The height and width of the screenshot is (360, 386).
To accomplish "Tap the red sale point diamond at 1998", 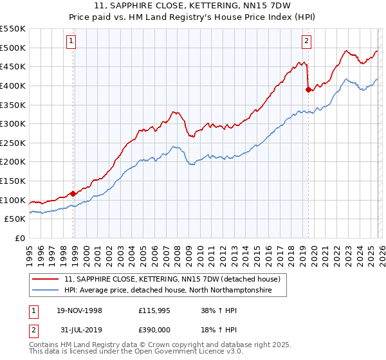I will tap(73, 194).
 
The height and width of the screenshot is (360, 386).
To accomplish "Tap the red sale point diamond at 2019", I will tap(308, 89).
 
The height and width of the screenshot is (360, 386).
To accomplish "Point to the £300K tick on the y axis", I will tap(13, 123).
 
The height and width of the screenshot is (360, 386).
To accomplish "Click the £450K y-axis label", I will tap(13, 66).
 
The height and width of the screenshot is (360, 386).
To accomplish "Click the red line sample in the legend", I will tap(46, 280).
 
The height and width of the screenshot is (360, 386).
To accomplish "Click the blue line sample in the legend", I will tap(46, 291).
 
